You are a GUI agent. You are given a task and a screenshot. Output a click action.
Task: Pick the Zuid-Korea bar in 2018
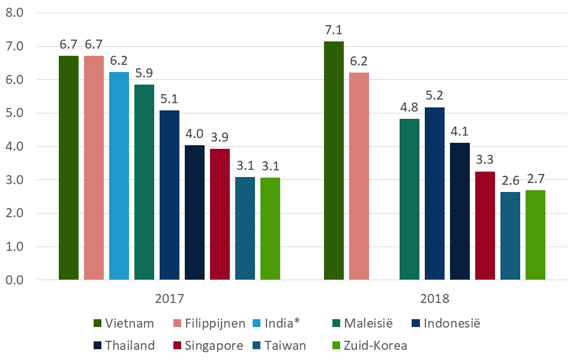coord(535,235)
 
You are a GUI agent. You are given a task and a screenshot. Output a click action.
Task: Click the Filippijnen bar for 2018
coord(359,176)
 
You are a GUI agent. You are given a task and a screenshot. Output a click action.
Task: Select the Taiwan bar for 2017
coord(245,229)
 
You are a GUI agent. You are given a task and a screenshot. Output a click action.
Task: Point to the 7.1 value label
coord(334,29)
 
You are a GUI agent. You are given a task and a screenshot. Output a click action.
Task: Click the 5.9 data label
coord(144,73)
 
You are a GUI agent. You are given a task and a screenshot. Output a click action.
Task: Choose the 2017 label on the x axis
coord(169,298)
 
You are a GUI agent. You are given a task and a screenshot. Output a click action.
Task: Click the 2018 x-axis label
coord(434,298)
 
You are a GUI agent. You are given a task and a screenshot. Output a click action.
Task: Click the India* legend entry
coord(277,323)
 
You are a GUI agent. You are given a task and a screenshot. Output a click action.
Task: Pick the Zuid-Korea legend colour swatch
coord(335,346)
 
